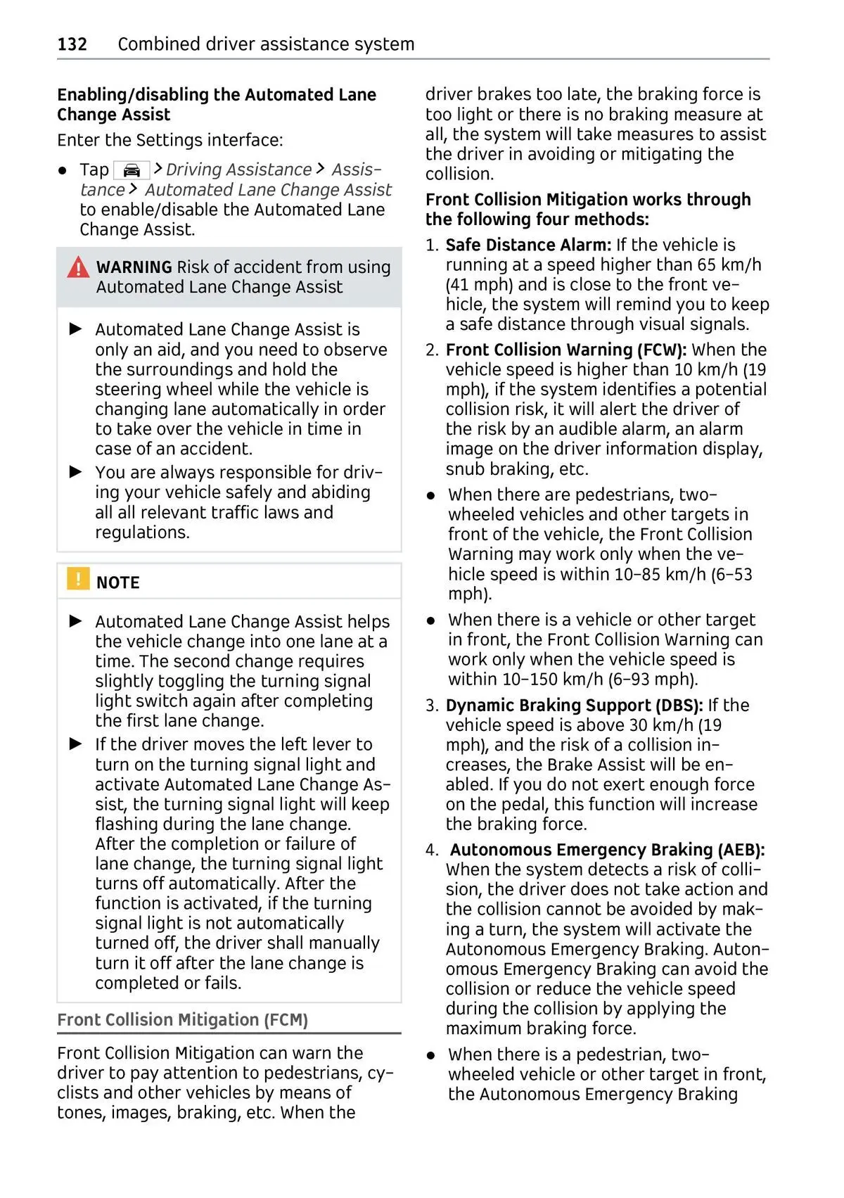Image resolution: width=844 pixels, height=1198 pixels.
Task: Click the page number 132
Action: [72, 44]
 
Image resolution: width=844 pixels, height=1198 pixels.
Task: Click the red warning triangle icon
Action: [78, 267]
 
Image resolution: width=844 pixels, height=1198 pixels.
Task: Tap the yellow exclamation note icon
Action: [77, 578]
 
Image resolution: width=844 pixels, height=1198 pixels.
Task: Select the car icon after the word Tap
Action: [132, 170]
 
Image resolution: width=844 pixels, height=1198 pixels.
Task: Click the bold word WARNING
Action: [134, 267]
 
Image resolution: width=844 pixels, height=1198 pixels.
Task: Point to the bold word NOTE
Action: [117, 582]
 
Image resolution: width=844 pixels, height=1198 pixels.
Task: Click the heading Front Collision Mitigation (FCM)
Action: [182, 1020]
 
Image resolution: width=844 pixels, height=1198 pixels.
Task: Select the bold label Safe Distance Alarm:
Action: [528, 245]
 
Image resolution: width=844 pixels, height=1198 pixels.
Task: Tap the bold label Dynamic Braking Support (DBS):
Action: [574, 705]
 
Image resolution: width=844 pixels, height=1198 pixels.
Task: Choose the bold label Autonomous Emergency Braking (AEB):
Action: [607, 850]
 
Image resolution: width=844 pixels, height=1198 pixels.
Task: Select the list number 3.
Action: [431, 706]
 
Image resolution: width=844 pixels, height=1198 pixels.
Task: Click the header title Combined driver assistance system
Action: [266, 44]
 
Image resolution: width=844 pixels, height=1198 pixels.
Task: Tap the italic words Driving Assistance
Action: [238, 170]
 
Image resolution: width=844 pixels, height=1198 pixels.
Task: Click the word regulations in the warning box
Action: [141, 533]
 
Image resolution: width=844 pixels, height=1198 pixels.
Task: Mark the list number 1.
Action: [431, 246]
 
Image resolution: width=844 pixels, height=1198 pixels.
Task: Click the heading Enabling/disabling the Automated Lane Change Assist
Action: [217, 104]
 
